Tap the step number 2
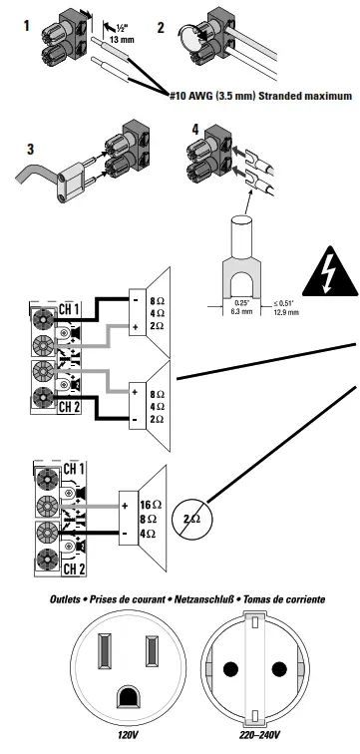163,25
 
